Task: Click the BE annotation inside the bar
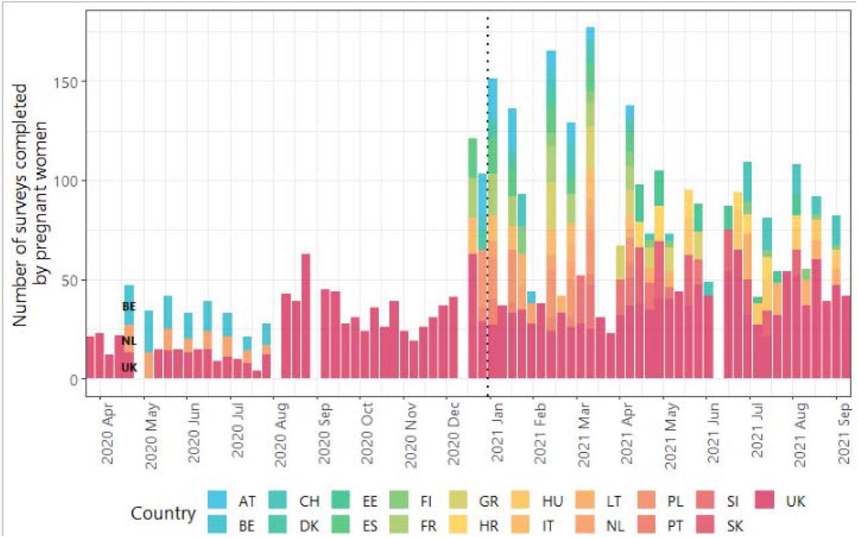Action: click(x=129, y=307)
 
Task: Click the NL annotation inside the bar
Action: click(x=129, y=341)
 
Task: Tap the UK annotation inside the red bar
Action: click(x=129, y=367)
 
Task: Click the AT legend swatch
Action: click(x=217, y=501)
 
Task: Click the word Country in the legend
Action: click(x=164, y=514)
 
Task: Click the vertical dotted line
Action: click(x=487, y=201)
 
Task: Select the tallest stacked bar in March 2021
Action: click(x=590, y=201)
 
